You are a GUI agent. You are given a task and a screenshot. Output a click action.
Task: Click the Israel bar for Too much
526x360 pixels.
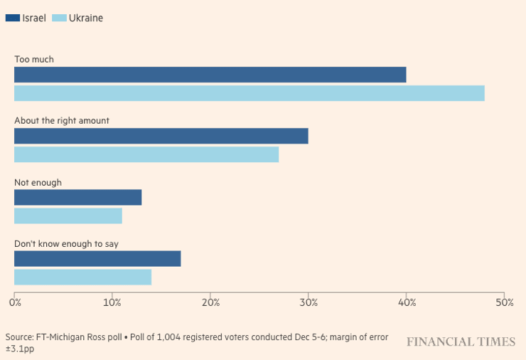pyautogui.click(x=210, y=75)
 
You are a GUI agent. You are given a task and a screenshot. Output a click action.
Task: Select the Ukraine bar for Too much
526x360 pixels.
pyautogui.click(x=249, y=93)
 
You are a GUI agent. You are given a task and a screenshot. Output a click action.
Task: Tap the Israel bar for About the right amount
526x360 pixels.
pyautogui.click(x=161, y=136)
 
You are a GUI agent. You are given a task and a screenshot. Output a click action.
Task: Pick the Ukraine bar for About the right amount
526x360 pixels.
pyautogui.click(x=146, y=154)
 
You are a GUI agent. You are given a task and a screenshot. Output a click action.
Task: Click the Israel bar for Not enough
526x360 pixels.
pyautogui.click(x=78, y=198)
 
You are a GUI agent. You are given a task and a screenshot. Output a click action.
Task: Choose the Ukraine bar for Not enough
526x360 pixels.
pyautogui.click(x=68, y=216)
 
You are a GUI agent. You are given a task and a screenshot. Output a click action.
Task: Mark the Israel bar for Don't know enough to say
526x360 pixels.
pyautogui.click(x=97, y=259)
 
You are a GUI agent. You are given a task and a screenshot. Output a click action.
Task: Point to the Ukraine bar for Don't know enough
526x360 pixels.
pyautogui.click(x=83, y=277)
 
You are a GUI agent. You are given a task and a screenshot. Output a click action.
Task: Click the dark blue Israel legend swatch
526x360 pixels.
pyautogui.click(x=13, y=18)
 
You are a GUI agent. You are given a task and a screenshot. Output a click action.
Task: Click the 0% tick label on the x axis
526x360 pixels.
pyautogui.click(x=15, y=302)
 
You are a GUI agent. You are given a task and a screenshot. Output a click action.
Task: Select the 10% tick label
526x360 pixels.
pyautogui.click(x=112, y=302)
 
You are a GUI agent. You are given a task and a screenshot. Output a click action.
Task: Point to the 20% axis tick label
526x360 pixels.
pyautogui.click(x=210, y=302)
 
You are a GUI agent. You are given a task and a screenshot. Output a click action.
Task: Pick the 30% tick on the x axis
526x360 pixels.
pyautogui.click(x=308, y=302)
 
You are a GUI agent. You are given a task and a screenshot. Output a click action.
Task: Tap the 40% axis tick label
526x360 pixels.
pyautogui.click(x=406, y=302)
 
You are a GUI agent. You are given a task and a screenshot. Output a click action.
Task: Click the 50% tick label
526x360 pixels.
pyautogui.click(x=504, y=302)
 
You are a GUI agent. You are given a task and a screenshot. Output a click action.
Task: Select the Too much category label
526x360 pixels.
pyautogui.click(x=34, y=60)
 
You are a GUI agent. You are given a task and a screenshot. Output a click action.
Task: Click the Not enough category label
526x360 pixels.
pyautogui.click(x=38, y=183)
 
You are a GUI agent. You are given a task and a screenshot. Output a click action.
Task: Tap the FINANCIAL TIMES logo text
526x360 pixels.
pyautogui.click(x=461, y=342)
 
